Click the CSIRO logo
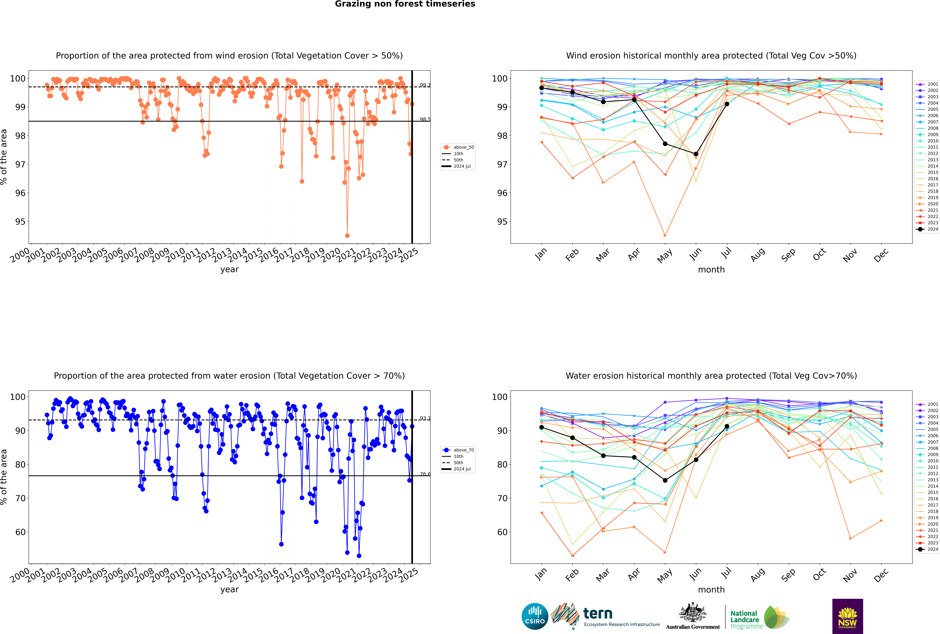point(535,616)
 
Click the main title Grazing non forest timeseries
point(405,4)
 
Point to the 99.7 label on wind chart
point(425,85)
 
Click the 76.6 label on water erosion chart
point(425,474)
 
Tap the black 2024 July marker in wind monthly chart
point(727,104)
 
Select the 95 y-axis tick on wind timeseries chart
point(20,222)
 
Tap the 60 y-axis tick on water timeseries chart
point(20,532)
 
